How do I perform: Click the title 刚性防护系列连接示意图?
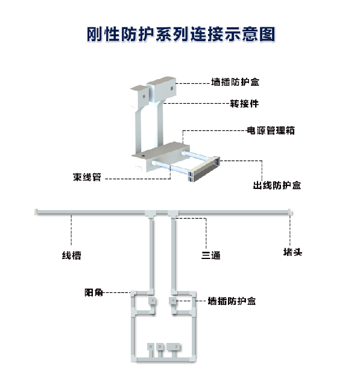pos(181,34)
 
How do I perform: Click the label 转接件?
pos(244,104)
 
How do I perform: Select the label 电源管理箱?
pos(271,130)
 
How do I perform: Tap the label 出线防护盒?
pos(277,185)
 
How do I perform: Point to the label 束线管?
pos(87,177)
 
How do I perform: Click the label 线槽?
pos(72,255)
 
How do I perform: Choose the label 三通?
pos(211,255)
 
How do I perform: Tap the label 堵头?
pos(292,252)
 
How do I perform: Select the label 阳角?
pos(93,292)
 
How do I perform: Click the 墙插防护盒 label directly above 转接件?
pos(235,82)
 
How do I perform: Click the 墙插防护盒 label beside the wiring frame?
pos(232,301)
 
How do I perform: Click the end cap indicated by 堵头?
pos(290,212)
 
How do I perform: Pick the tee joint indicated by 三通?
pos(173,214)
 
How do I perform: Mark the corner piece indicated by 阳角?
pos(133,293)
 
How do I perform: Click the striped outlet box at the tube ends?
pos(204,169)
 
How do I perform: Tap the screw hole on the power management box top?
pos(143,156)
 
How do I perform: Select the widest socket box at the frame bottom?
pos(173,347)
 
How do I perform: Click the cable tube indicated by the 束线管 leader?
pos(170,167)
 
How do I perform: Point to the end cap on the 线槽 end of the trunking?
pos(36,212)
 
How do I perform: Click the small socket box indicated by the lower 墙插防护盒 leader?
pos(172,301)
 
